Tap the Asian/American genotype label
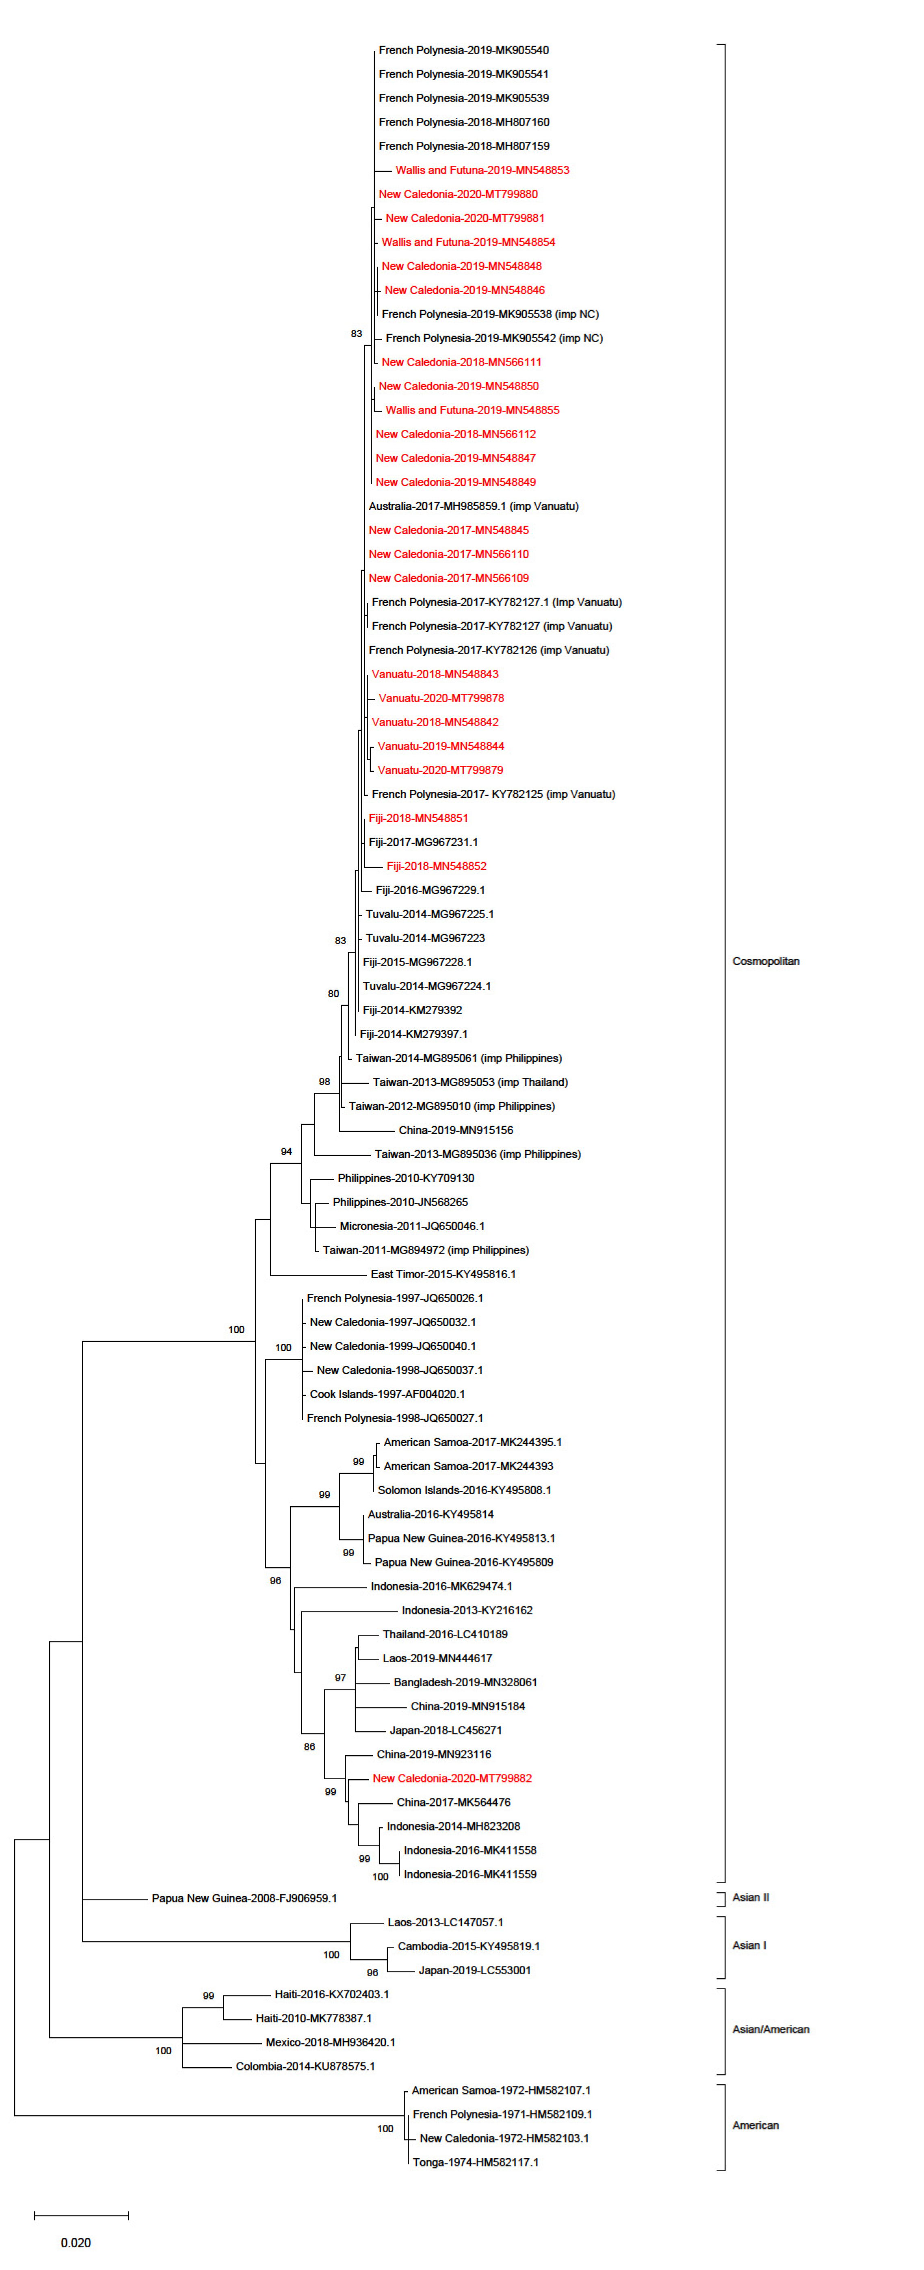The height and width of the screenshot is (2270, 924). (x=770, y=2029)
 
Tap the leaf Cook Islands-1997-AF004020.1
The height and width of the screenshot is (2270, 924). (x=387, y=1393)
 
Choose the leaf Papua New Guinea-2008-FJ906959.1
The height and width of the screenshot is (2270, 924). (x=244, y=1897)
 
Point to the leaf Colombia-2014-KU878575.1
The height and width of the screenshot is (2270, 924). (x=305, y=2066)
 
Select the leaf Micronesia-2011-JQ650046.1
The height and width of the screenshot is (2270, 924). (x=411, y=1225)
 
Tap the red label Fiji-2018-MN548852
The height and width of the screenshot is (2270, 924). (x=436, y=865)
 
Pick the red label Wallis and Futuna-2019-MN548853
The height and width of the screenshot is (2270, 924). (x=482, y=169)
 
